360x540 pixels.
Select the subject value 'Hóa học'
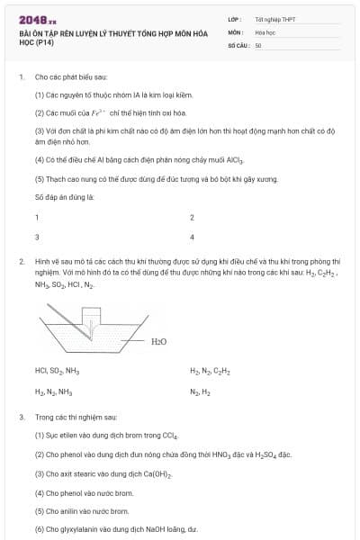click(x=264, y=31)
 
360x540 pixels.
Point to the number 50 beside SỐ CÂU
click(x=258, y=44)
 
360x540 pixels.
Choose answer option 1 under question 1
click(x=37, y=217)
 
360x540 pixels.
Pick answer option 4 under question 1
click(x=192, y=237)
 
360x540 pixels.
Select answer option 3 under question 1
click(x=37, y=237)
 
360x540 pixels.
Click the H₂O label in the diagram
click(x=159, y=341)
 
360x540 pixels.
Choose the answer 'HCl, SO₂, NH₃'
click(x=57, y=371)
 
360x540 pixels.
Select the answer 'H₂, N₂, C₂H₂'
click(x=210, y=371)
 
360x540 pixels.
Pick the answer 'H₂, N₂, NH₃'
click(x=53, y=391)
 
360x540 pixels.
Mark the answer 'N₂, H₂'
click(x=200, y=391)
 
